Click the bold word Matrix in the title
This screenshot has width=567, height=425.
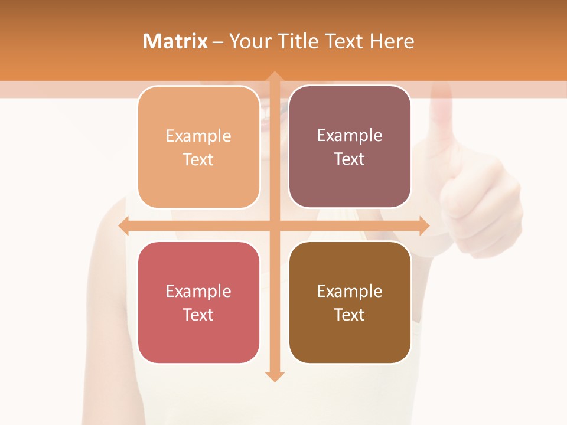(x=175, y=41)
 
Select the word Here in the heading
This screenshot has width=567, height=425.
(x=392, y=41)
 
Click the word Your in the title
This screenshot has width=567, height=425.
(x=250, y=41)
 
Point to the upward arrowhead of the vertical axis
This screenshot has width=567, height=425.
(x=274, y=77)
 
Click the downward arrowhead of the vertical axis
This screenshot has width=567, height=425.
(x=274, y=376)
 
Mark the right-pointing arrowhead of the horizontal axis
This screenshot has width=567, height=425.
(x=423, y=225)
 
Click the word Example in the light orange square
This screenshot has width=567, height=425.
(x=198, y=136)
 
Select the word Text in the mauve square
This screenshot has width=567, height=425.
(x=350, y=159)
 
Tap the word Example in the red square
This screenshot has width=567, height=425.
(x=198, y=291)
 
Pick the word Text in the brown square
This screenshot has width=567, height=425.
(x=350, y=315)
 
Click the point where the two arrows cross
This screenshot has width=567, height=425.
(x=274, y=225)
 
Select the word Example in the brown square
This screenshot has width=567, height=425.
(x=350, y=291)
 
